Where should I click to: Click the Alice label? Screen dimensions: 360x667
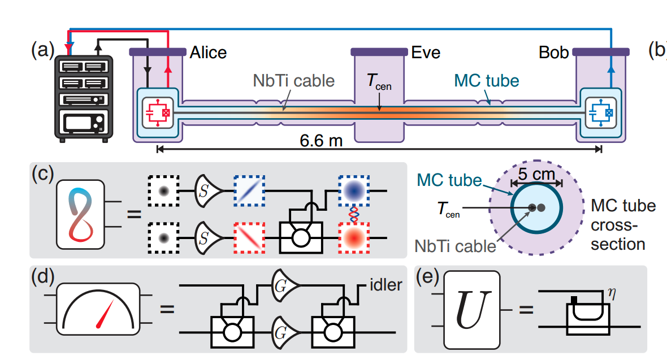(208, 53)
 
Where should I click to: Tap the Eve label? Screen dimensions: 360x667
(426, 53)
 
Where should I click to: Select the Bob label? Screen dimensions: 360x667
(554, 53)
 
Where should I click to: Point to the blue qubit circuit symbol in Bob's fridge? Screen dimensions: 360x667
(599, 111)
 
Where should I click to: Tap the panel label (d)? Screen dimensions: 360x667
(41, 278)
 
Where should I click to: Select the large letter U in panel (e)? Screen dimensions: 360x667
(471, 311)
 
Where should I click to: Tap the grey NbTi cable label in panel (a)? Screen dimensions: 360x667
(293, 80)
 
